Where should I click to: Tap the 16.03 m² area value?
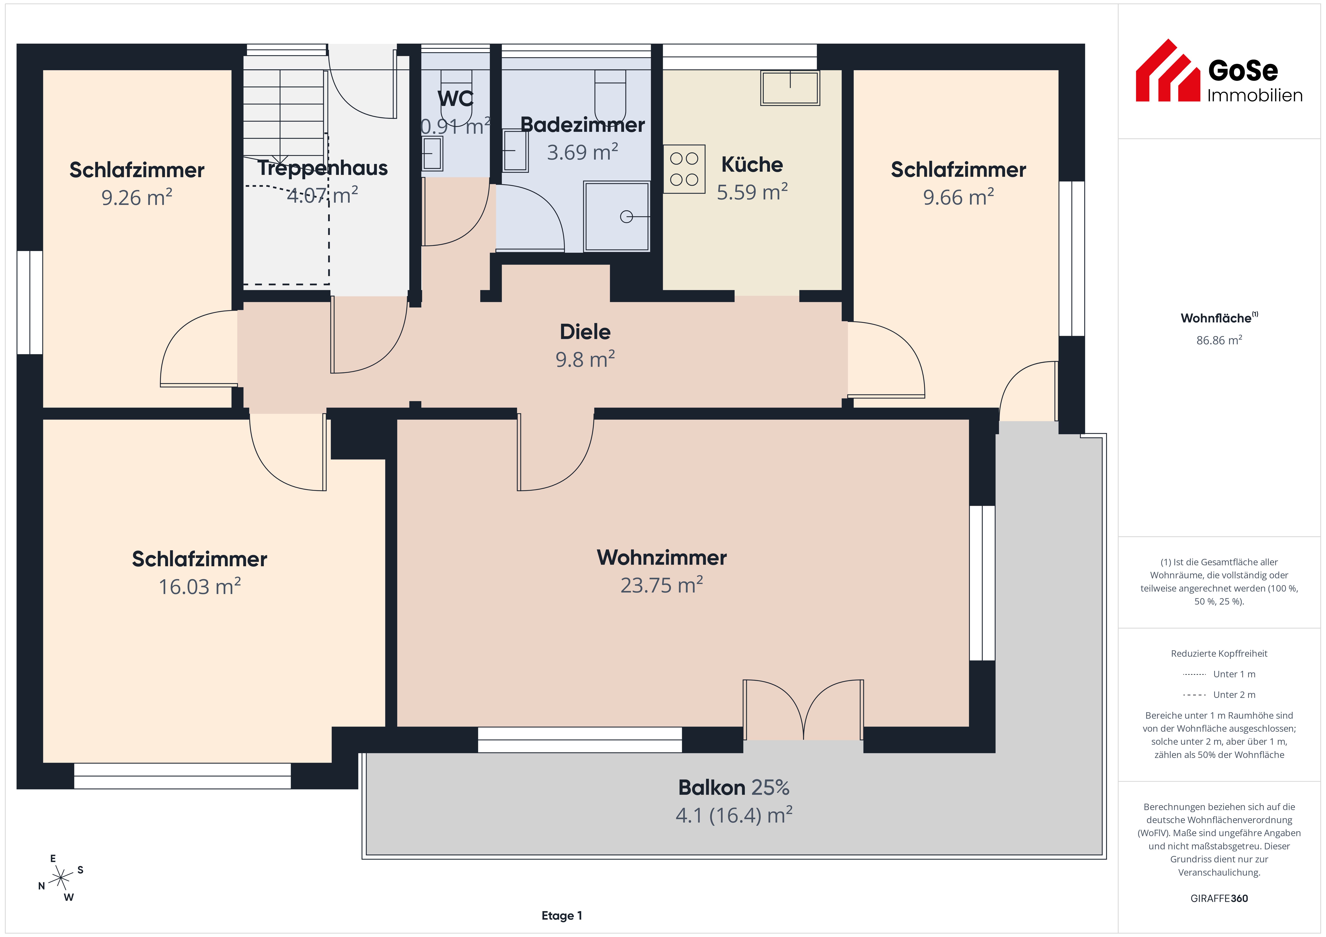coord(200,587)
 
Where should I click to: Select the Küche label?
coord(752,165)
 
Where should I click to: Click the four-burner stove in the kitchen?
coord(684,169)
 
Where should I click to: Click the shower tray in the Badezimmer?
coord(617,216)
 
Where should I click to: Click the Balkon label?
coord(712,787)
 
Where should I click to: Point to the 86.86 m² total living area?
coord(1219,340)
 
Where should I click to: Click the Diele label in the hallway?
coord(585,332)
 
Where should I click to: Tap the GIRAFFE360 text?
coord(1219,898)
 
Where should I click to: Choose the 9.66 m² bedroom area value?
coord(958,197)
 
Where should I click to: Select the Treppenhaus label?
coord(322,168)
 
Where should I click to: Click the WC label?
coord(456,99)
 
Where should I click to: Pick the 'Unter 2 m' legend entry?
coord(1219,694)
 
